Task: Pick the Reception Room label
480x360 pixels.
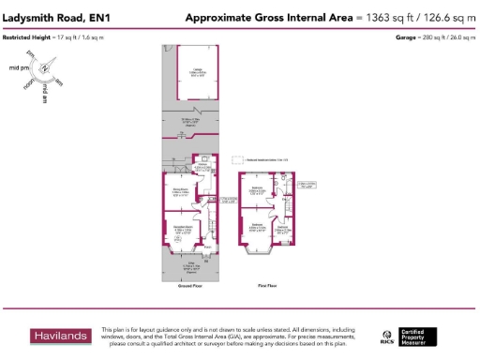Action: click(182, 229)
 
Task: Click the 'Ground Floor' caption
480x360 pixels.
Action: click(190, 285)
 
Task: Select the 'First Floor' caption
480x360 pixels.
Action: click(265, 285)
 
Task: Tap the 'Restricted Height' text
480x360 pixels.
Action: click(26, 37)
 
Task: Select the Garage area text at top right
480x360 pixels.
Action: click(435, 37)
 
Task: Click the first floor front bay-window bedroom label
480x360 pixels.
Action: click(257, 227)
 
